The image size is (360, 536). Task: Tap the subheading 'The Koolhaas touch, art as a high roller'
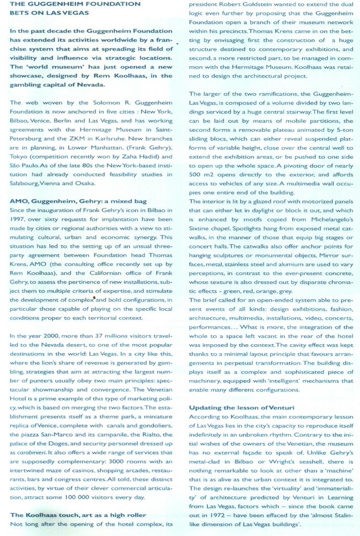pos(71,514)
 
